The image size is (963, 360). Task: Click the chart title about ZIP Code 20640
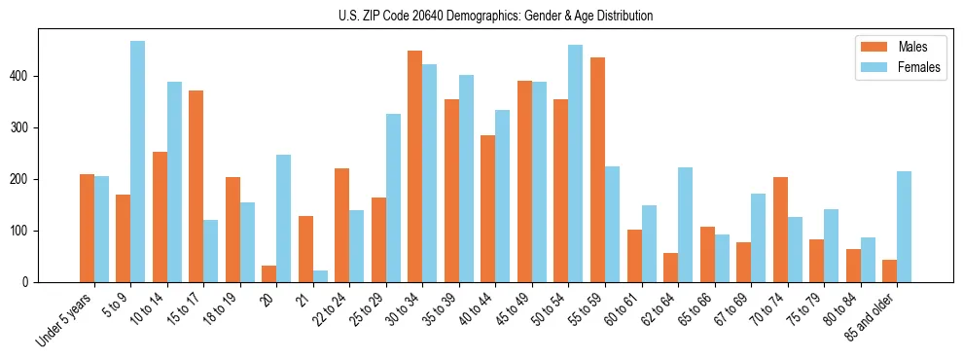481,16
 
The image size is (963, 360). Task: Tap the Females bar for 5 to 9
138,162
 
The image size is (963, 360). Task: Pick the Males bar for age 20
269,273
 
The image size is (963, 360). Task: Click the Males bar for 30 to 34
415,166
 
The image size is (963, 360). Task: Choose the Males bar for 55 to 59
597,169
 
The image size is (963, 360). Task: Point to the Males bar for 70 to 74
780,230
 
